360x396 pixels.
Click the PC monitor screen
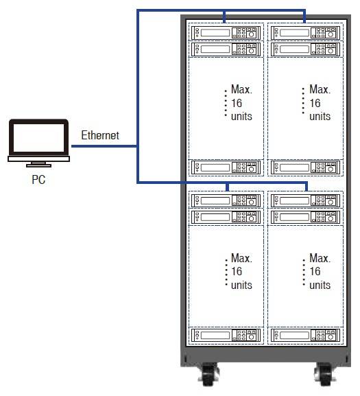pyautogui.click(x=38, y=138)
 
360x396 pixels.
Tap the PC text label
pyautogui.click(x=38, y=180)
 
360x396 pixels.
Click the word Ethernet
pyautogui.click(x=100, y=135)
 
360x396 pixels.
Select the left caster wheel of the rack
pyautogui.click(x=209, y=375)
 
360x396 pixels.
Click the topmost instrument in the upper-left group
pyautogui.click(x=226, y=32)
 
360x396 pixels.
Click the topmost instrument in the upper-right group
pyautogui.click(x=305, y=32)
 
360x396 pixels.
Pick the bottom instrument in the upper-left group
pyautogui.click(x=226, y=167)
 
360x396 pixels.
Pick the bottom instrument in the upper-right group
pyautogui.click(x=305, y=167)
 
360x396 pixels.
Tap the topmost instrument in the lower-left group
pyautogui.click(x=226, y=201)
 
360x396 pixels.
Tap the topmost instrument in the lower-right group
pyautogui.click(x=305, y=201)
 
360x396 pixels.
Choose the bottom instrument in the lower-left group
pyautogui.click(x=226, y=335)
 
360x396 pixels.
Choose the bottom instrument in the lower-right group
pyautogui.click(x=305, y=335)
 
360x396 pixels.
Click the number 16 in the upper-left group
pyautogui.click(x=237, y=103)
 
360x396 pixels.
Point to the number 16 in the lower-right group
pyautogui.click(x=315, y=272)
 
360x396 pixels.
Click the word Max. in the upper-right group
pyautogui.click(x=320, y=89)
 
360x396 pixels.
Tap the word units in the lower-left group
pyautogui.click(x=241, y=285)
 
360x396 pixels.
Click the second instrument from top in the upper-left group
pyautogui.click(x=226, y=49)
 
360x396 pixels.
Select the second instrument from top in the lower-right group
pyautogui.click(x=305, y=217)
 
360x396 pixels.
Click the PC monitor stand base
pyautogui.click(x=38, y=165)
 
